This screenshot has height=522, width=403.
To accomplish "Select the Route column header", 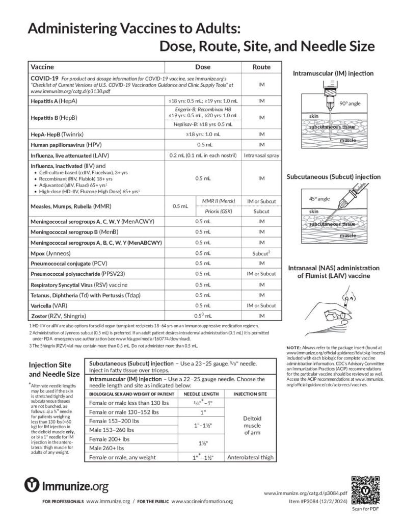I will [261, 67].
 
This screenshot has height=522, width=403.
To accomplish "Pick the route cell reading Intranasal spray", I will [261, 154].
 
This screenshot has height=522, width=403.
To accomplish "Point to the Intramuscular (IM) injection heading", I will [333, 73].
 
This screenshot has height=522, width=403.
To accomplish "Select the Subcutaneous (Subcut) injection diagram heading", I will [333, 177].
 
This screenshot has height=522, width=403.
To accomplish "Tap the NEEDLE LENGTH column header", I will [201, 394].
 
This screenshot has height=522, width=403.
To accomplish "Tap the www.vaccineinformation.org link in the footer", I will [202, 501].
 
